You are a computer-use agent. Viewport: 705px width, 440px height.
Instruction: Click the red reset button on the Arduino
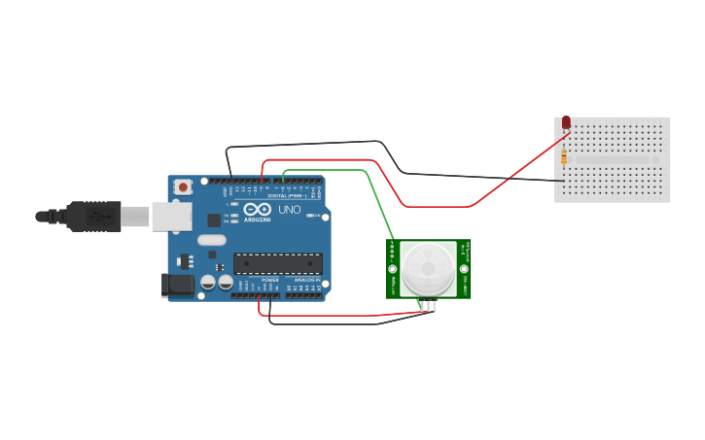tap(182, 186)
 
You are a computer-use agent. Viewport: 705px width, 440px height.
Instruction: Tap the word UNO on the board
tap(290, 210)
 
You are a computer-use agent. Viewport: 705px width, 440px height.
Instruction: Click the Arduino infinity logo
tap(258, 209)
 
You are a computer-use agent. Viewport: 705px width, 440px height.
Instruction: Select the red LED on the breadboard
tap(566, 123)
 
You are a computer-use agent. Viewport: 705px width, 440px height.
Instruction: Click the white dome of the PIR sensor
tap(428, 268)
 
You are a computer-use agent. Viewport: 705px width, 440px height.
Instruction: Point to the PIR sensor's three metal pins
tap(428, 305)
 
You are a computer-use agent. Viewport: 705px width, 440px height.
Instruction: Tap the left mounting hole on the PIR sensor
tap(393, 269)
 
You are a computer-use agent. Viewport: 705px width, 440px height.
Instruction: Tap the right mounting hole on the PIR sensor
tap(463, 269)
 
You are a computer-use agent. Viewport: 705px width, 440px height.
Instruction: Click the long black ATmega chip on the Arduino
tap(277, 263)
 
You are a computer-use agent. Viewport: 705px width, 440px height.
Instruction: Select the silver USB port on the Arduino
tap(172, 217)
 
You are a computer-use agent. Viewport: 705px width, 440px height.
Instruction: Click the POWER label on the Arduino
tap(269, 280)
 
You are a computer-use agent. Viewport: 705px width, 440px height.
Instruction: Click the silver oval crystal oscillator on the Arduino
tap(211, 240)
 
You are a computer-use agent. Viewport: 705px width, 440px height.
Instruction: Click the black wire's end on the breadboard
tap(563, 181)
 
